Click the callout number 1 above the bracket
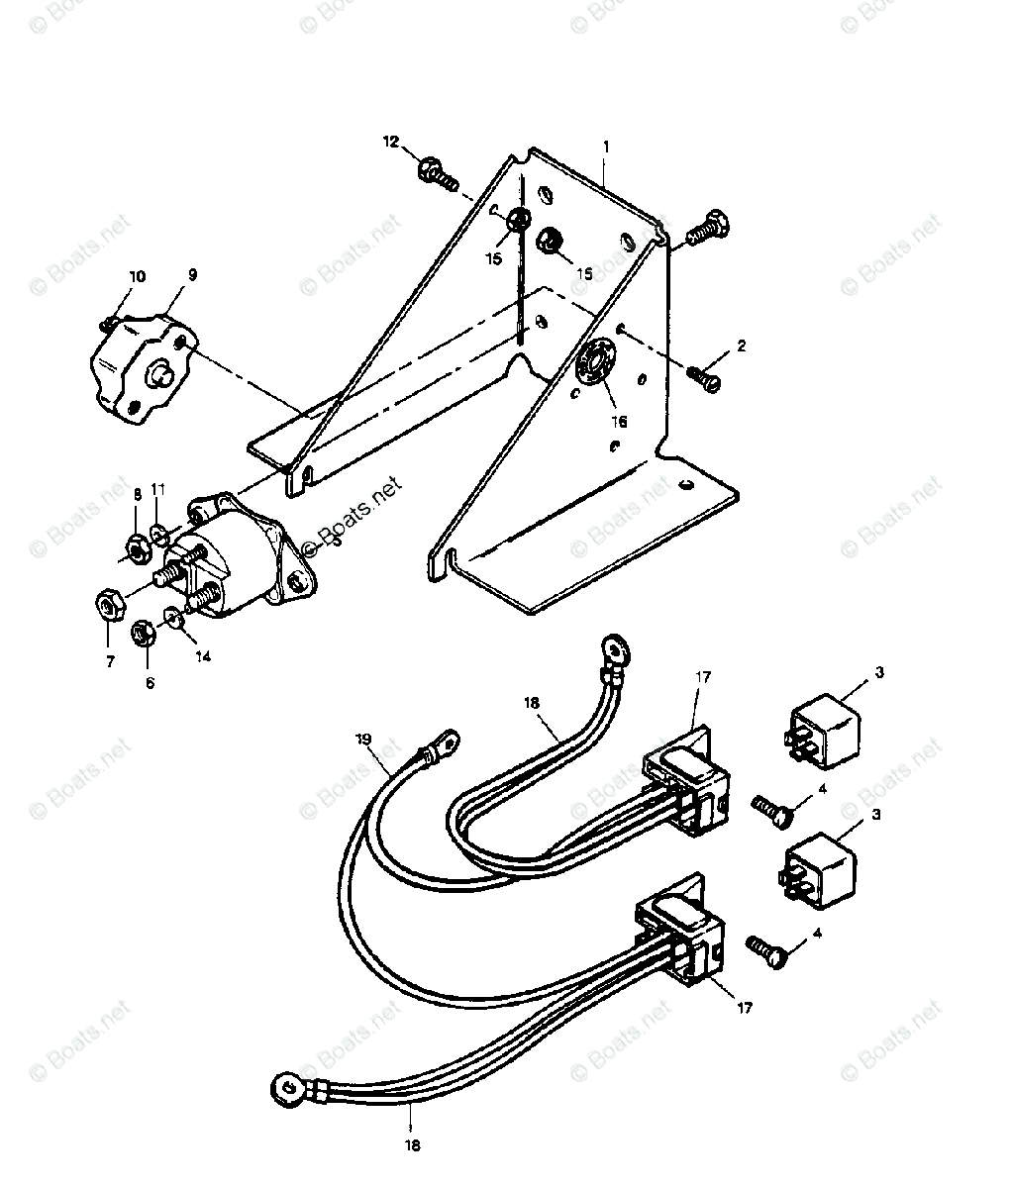pos(606,146)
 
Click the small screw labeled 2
pos(705,377)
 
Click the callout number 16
pos(620,421)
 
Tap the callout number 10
pos(137,276)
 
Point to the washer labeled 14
pos(174,619)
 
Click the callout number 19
pos(363,739)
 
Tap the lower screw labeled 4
pos(766,949)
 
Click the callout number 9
pos(192,275)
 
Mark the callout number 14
pos(202,656)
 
